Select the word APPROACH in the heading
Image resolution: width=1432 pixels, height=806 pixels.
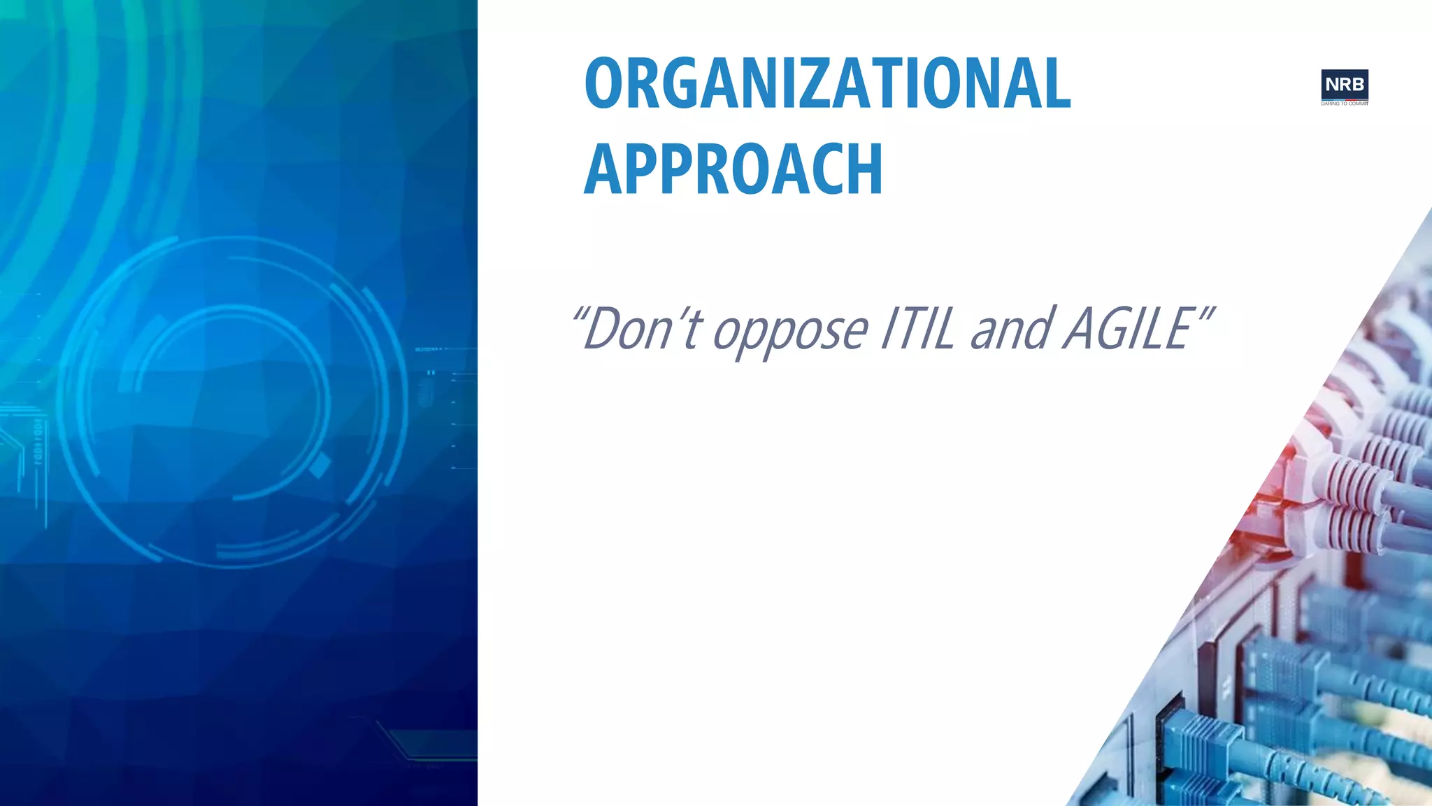coord(733,169)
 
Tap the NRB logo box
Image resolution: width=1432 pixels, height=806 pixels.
coord(1345,85)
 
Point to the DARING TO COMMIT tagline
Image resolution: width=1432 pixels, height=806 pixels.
coord(1345,104)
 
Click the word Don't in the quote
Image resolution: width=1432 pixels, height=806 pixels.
coord(640,329)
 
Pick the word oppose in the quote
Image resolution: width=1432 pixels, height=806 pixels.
coord(790,332)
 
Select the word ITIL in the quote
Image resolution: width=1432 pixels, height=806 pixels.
coord(917,329)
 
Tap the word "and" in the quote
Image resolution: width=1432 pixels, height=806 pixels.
coord(1011,329)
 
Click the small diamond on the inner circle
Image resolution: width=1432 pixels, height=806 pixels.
coord(320,465)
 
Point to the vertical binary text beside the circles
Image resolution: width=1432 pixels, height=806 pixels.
coord(38,441)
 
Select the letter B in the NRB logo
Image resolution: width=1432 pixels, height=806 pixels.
coord(1357,85)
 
